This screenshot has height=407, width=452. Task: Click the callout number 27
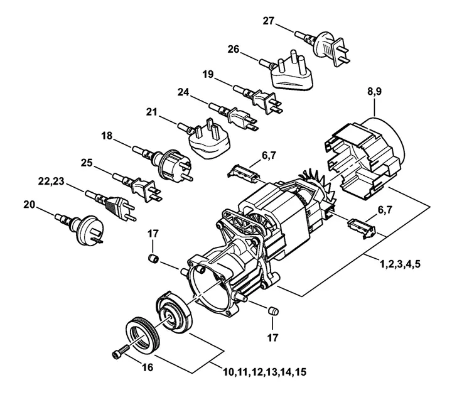268,21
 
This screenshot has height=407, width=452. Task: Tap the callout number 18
107,134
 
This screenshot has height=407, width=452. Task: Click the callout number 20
30,204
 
